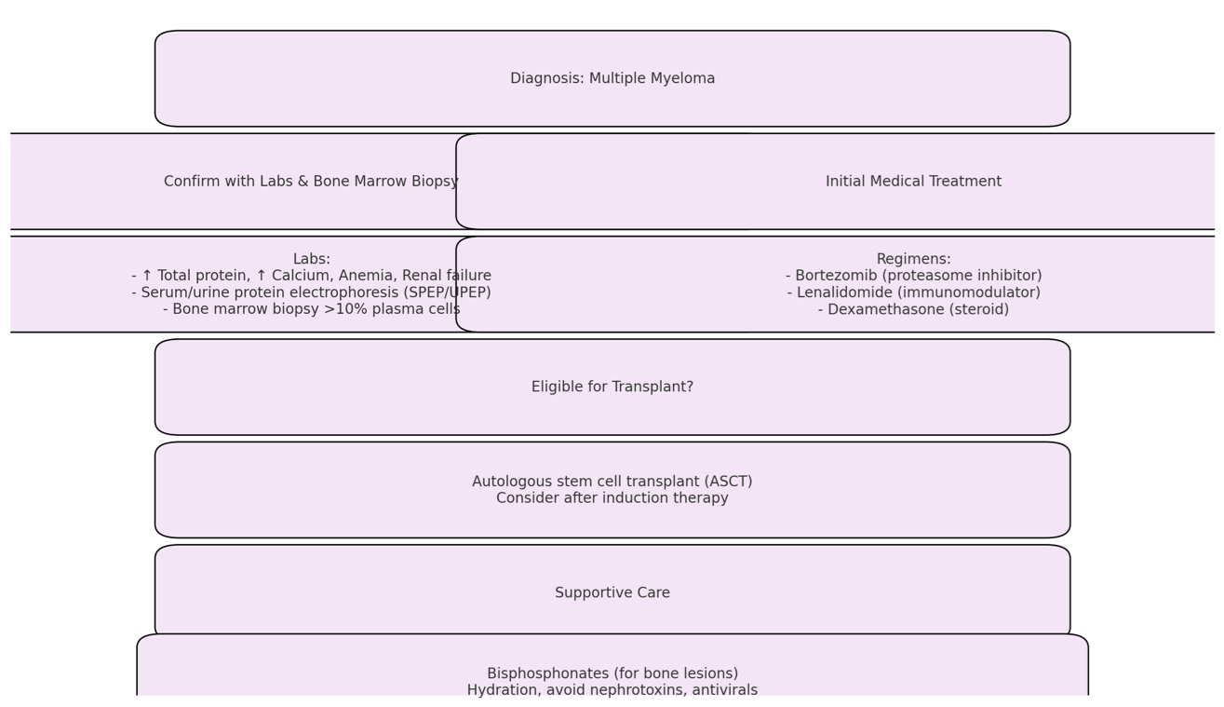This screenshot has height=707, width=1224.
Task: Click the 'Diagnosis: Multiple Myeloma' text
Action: [x=612, y=78]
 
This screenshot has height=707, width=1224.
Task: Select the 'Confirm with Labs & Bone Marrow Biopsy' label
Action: [x=311, y=181]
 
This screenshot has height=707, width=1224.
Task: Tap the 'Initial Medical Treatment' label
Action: [x=913, y=181]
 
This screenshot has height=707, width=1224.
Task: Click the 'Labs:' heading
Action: [x=312, y=259]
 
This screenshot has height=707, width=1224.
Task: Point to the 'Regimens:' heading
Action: [x=913, y=259]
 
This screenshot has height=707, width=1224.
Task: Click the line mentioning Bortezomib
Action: [x=913, y=275]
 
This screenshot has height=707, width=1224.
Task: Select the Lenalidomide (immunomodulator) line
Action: [x=913, y=292]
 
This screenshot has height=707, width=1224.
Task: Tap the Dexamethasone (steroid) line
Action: [x=913, y=309]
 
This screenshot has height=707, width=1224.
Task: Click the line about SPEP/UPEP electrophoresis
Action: [x=311, y=292]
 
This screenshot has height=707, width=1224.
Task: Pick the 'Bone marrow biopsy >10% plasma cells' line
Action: [x=312, y=309]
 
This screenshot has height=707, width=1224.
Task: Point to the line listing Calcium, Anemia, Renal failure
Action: [x=311, y=275]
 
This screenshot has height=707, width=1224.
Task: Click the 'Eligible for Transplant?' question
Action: [x=612, y=387]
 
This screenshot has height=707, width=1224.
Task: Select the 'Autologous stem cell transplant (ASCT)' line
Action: [x=612, y=482]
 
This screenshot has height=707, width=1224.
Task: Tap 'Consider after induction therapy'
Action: [x=612, y=497]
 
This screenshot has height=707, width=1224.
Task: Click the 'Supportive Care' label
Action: [x=612, y=592]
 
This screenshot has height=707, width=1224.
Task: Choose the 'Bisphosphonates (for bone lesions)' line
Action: [x=612, y=673]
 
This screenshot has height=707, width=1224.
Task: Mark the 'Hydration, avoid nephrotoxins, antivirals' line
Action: [x=612, y=689]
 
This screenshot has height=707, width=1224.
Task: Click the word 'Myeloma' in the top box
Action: [x=683, y=79]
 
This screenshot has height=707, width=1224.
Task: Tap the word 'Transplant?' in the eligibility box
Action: [x=652, y=387]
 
